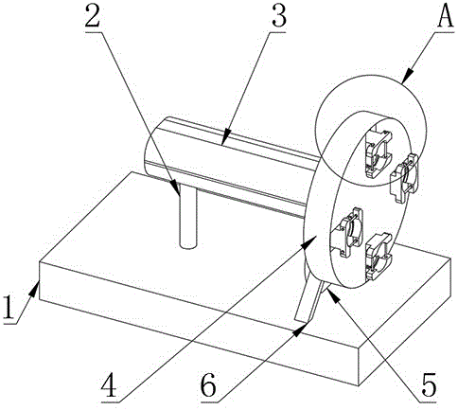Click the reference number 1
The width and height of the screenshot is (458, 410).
[x=9, y=307]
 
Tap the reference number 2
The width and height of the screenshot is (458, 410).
[x=95, y=16]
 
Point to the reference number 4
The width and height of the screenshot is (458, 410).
[x=111, y=385]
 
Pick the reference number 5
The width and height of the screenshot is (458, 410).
[x=428, y=385]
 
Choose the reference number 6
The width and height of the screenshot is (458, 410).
[x=209, y=385]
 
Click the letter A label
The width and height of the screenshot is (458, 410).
[x=445, y=16]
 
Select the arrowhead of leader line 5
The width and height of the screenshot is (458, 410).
[x=332, y=295]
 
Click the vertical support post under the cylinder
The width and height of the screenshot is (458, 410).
[x=188, y=217]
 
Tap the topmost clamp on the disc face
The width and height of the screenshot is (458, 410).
[x=379, y=153]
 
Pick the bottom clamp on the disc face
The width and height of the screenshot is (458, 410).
[x=379, y=257]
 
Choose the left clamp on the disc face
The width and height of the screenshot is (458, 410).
[x=347, y=232]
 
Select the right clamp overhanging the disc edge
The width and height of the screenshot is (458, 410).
[x=404, y=177]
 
